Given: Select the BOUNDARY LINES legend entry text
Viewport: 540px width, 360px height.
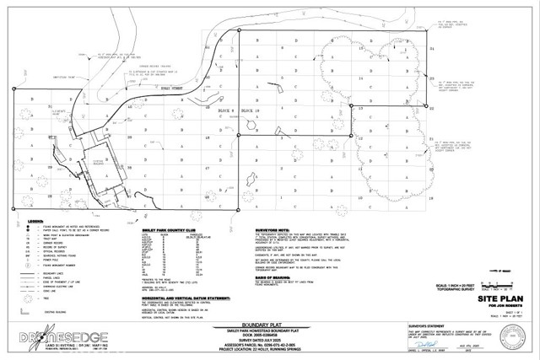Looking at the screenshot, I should coord(51,275).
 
